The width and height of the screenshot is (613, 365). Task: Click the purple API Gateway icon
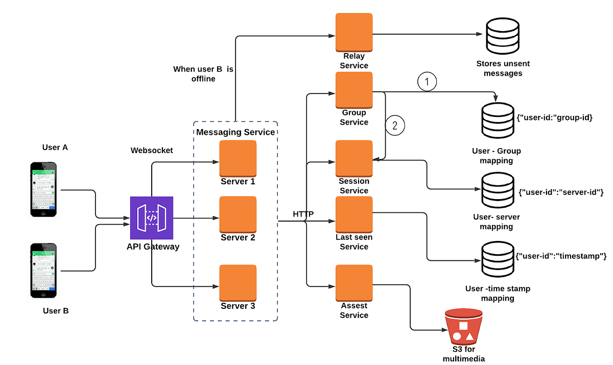[152, 218]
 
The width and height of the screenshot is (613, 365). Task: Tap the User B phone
[43, 271]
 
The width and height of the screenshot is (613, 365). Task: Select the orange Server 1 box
[238, 159]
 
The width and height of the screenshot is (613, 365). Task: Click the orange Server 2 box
[238, 215]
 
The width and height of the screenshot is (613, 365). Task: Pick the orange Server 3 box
[238, 283]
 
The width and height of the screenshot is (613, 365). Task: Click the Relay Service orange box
[354, 32]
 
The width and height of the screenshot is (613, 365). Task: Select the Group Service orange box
[354, 90]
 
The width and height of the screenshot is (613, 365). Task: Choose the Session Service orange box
[354, 159]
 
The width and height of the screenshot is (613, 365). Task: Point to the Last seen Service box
[354, 215]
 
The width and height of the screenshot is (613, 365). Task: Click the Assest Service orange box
[354, 283]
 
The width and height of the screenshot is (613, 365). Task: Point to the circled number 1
[428, 81]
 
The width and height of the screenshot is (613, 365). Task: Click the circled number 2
[394, 125]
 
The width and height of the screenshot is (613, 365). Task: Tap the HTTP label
[303, 213]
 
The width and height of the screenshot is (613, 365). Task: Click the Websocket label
[152, 151]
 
